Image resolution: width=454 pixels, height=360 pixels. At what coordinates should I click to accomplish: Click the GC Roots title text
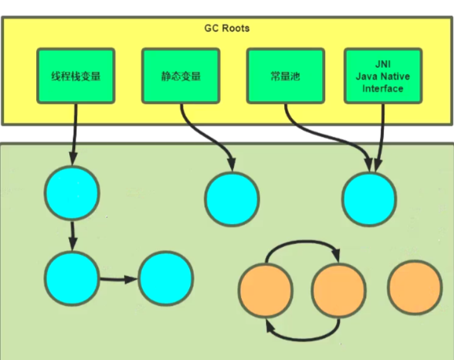point(227,28)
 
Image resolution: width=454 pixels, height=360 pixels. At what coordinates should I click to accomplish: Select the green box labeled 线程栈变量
point(76,76)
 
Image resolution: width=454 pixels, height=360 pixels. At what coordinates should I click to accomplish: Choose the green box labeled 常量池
point(285,76)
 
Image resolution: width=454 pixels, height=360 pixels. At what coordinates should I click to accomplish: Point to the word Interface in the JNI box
point(383,88)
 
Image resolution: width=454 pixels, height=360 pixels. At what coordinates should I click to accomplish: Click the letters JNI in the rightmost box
point(383,65)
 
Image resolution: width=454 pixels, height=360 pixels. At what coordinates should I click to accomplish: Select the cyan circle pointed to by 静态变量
point(232,200)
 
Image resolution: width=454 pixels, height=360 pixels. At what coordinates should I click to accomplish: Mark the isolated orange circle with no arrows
point(415,287)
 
